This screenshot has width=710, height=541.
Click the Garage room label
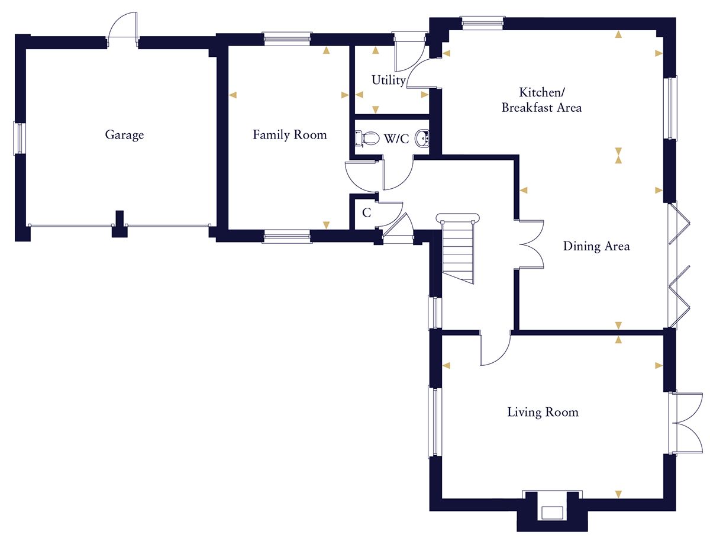(x=124, y=135)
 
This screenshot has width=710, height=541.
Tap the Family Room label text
(x=289, y=135)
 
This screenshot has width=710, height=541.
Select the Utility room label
(x=388, y=80)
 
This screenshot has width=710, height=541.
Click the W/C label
(x=396, y=139)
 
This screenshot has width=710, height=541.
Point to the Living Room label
(x=543, y=412)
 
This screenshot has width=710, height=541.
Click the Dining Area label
(x=596, y=246)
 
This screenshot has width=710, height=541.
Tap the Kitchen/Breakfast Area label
(x=541, y=100)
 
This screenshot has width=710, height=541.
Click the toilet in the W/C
(x=368, y=139)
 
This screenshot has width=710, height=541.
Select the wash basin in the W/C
(x=422, y=139)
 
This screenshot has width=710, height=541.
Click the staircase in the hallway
(x=459, y=249)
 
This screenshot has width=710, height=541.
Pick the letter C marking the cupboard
(x=366, y=213)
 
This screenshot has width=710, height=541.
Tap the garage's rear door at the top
(x=122, y=30)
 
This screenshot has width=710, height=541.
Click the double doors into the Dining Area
(x=531, y=244)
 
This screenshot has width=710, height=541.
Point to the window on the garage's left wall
(x=20, y=139)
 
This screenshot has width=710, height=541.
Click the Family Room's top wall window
(x=287, y=39)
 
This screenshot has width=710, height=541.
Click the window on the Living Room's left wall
(x=434, y=423)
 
